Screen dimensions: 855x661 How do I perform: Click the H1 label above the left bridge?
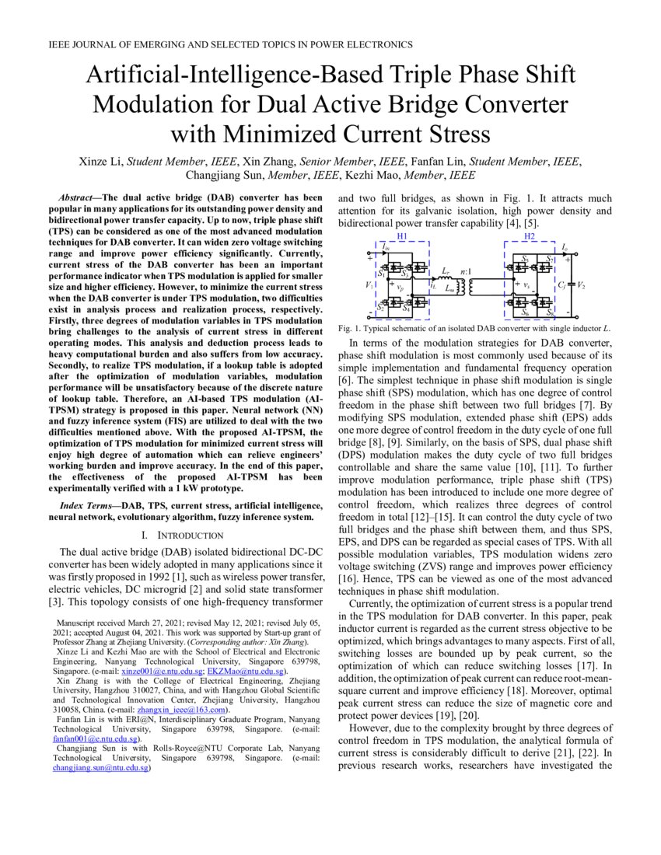pos(401,236)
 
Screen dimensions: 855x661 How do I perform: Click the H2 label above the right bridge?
pos(530,236)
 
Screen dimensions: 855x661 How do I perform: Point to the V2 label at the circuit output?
pos(579,285)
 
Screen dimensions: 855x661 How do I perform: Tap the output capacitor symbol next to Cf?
pos(569,285)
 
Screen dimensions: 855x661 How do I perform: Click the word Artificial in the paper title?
pos(141,75)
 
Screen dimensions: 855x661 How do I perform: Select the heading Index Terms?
pos(79,506)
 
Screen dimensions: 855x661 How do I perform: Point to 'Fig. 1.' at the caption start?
pos(349,328)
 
